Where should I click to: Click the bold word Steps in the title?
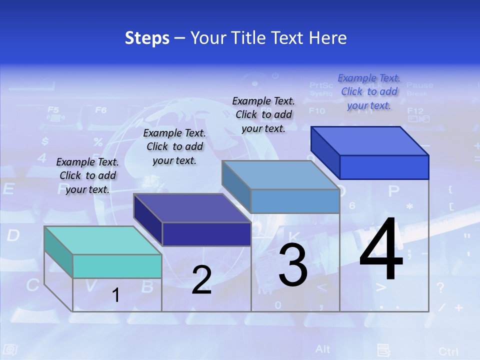click(x=147, y=38)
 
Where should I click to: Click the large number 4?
click(x=381, y=250)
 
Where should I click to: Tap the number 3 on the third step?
click(x=293, y=265)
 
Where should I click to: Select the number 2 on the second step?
click(x=201, y=280)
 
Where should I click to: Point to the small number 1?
click(x=116, y=295)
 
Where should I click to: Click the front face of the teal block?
click(x=117, y=266)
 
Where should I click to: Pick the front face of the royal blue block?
click(x=384, y=167)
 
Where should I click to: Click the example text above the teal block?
click(x=87, y=175)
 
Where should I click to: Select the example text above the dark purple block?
click(x=174, y=146)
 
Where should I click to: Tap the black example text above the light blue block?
click(x=263, y=114)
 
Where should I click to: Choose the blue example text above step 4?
click(x=369, y=91)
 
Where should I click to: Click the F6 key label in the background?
click(x=101, y=110)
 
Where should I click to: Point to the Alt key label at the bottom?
click(x=323, y=348)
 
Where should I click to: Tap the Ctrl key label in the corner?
click(x=448, y=351)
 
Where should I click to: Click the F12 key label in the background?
click(x=415, y=111)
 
